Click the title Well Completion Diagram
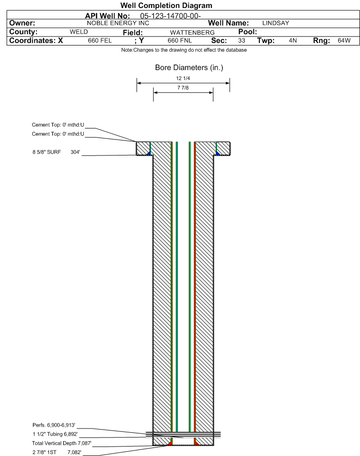click(x=166, y=6)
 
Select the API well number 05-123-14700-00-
click(x=170, y=16)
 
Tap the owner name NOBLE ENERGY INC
click(x=118, y=23)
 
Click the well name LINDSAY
click(x=276, y=23)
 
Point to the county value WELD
click(x=79, y=32)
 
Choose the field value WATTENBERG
click(x=193, y=33)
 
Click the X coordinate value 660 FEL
click(x=100, y=41)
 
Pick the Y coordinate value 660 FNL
click(x=180, y=41)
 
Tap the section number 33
click(x=241, y=41)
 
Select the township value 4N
click(x=293, y=41)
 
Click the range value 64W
click(x=344, y=41)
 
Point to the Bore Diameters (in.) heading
click(x=189, y=68)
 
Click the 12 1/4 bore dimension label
click(x=183, y=79)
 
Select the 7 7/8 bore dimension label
click(x=183, y=88)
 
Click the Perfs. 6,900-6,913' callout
click(x=54, y=425)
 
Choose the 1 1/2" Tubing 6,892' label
click(x=55, y=434)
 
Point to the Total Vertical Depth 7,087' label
click(x=62, y=443)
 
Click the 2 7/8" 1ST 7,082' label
click(x=57, y=452)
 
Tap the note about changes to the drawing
click(x=184, y=50)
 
